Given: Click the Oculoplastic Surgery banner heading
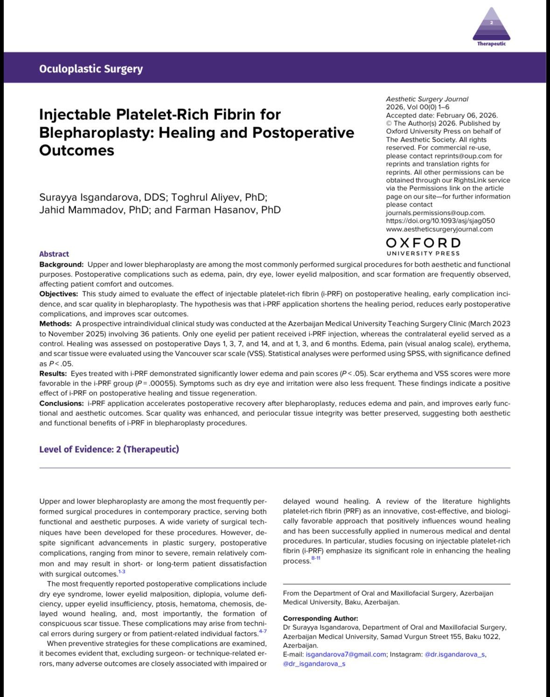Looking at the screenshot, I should point(91,69).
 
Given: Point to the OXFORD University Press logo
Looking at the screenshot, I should point(423,246).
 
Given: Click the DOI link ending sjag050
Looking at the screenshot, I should point(440,221).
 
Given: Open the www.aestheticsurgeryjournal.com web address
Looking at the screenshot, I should point(439,229).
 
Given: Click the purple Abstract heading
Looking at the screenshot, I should point(54,254).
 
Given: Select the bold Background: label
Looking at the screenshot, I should point(62,264).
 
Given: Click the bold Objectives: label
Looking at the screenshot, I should point(59,294).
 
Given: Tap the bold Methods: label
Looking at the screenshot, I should point(56,324).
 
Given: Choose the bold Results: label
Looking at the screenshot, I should point(53,373).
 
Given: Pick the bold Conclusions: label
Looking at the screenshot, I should point(61,403).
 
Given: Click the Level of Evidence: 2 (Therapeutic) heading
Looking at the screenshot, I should point(109,449).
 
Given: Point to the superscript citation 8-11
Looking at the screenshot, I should point(316,558).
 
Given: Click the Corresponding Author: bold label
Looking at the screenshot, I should point(320,618).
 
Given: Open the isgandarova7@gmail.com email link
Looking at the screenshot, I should point(346,655).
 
